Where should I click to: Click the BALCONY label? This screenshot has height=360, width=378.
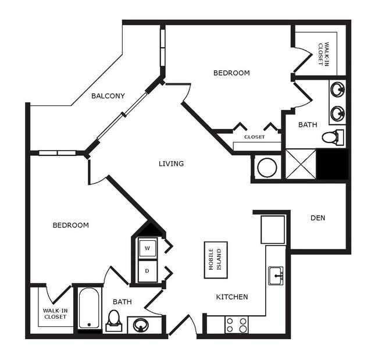(x=108, y=96)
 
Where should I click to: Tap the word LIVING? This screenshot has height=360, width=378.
(x=171, y=163)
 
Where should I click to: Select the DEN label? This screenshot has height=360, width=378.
(x=318, y=218)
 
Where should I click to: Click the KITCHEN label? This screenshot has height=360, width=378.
(x=232, y=297)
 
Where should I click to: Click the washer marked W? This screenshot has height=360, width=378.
(x=147, y=249)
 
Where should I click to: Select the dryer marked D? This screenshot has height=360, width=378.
(x=147, y=271)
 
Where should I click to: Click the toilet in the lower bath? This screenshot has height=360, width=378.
(x=114, y=319)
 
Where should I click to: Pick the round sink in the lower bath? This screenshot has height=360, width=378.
(x=141, y=325)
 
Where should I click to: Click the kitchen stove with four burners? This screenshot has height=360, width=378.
(x=236, y=325)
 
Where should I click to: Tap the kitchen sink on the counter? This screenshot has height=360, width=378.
(x=276, y=276)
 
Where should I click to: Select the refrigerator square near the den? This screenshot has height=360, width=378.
(x=273, y=229)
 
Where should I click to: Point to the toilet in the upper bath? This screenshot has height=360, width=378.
(x=331, y=138)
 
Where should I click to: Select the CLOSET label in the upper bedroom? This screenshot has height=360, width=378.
(x=254, y=137)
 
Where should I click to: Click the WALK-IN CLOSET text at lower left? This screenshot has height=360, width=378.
(x=55, y=314)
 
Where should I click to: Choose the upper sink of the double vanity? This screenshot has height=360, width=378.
(x=337, y=90)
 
